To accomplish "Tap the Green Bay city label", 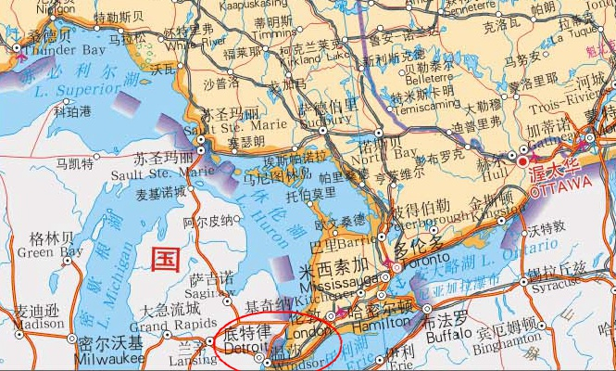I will [x=49, y=251].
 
